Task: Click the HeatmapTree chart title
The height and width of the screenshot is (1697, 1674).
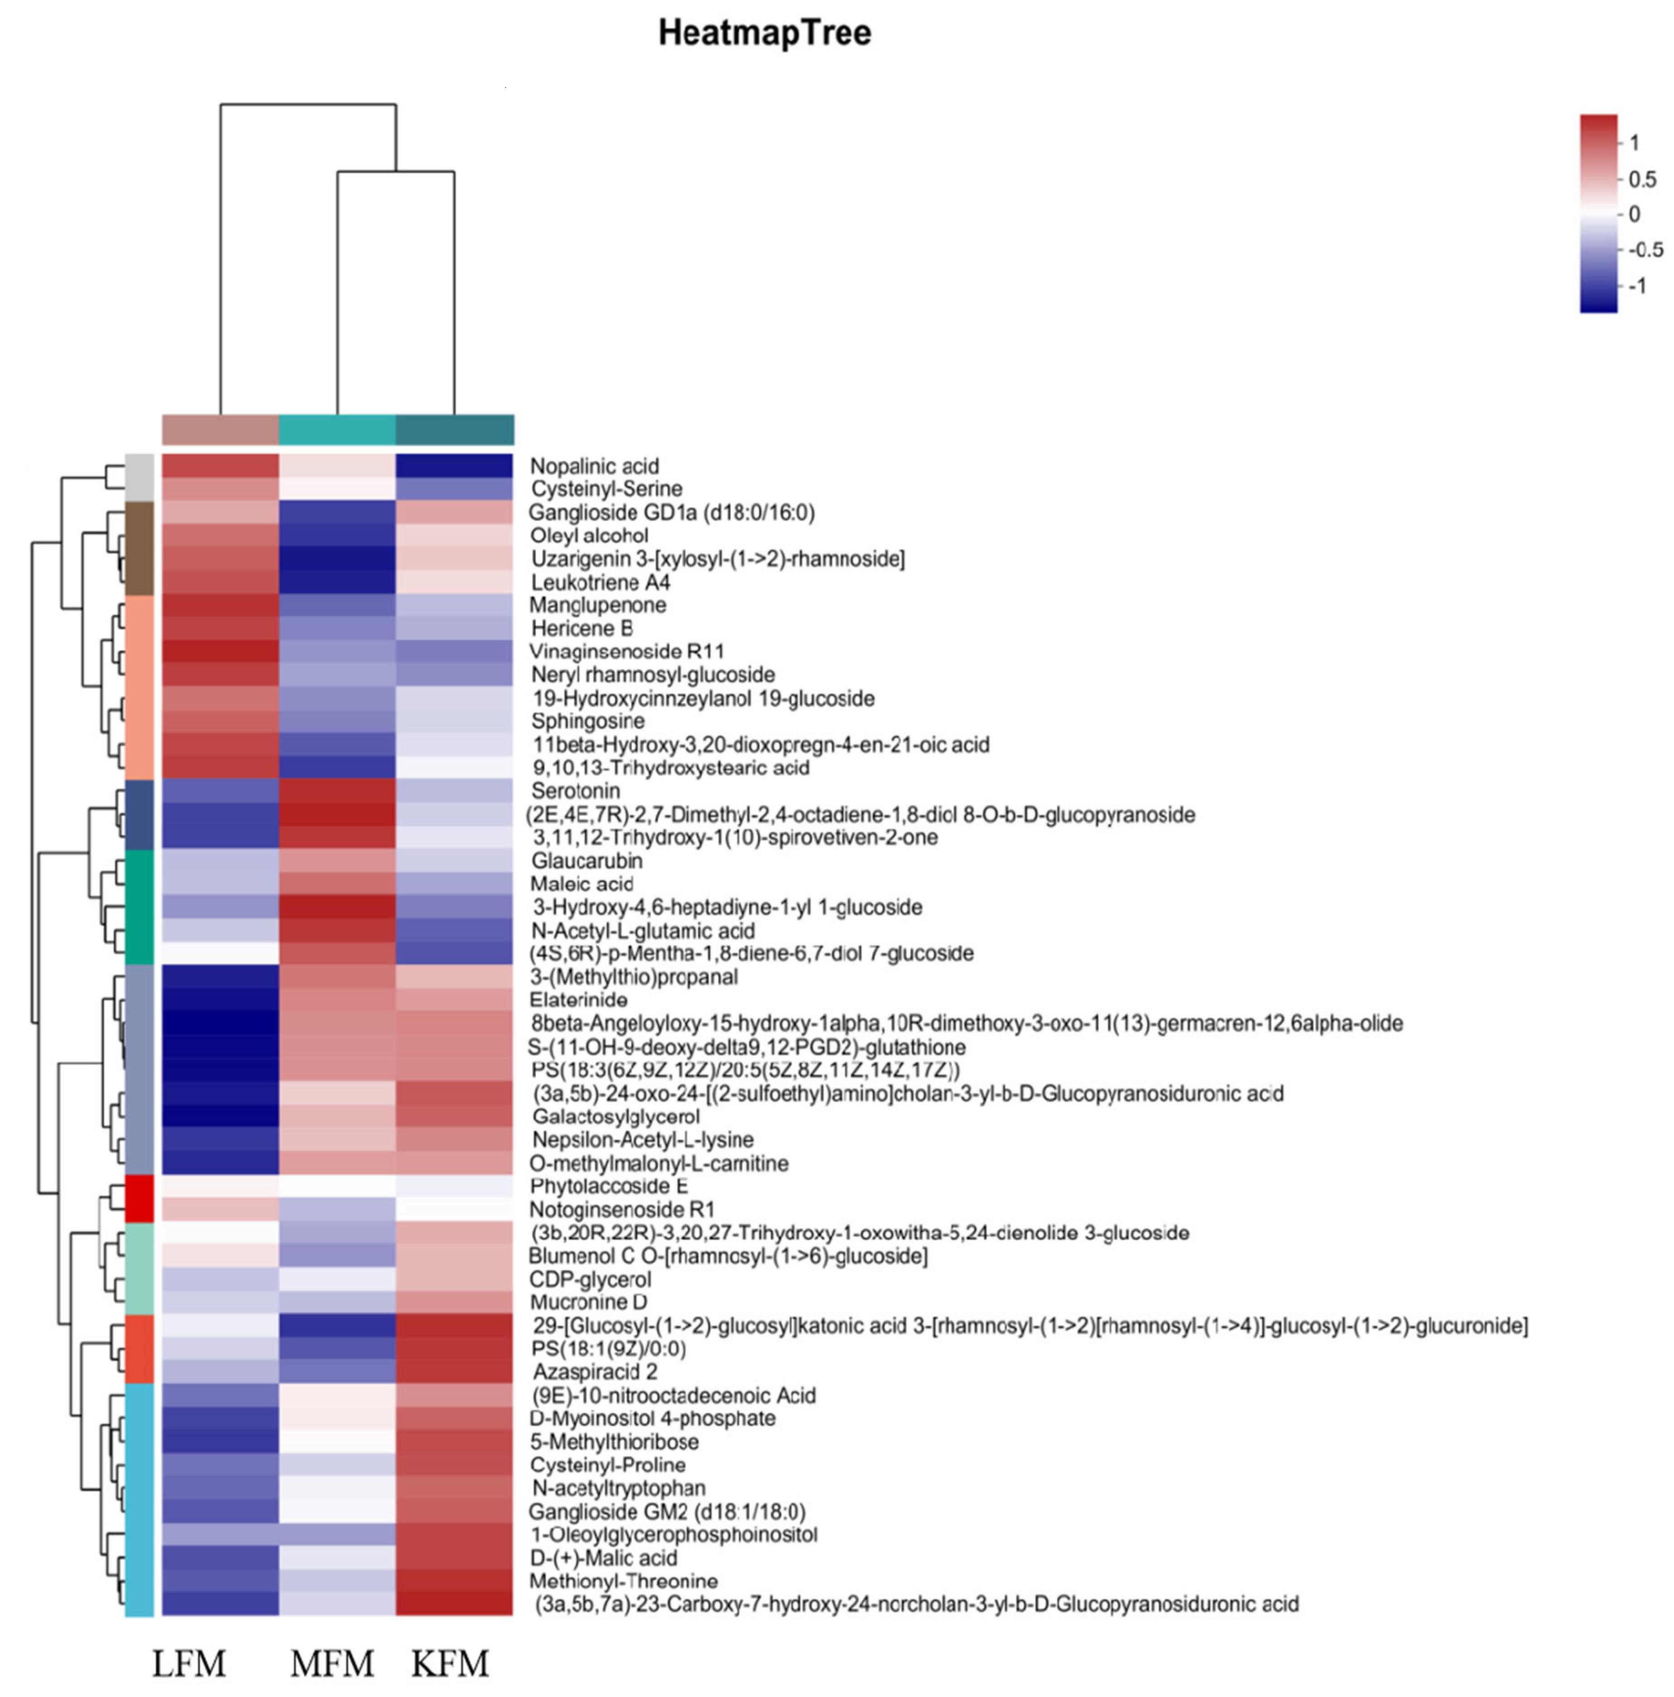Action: tap(764, 34)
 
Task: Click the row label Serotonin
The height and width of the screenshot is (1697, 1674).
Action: tap(575, 791)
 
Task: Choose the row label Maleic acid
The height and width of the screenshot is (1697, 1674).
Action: tap(581, 884)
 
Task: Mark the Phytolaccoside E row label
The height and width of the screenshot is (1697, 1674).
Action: tap(608, 1186)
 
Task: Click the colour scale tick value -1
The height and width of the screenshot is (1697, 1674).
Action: tap(1636, 286)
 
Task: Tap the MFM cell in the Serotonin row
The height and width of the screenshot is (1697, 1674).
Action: tap(337, 791)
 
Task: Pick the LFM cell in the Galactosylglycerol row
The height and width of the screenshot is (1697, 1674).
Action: tap(221, 1116)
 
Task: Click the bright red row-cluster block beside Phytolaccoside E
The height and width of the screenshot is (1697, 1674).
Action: tap(140, 1198)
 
